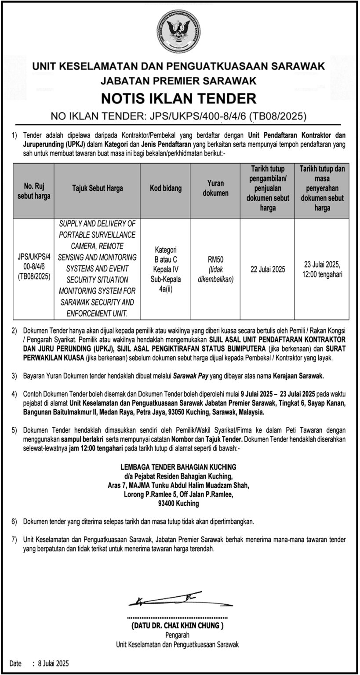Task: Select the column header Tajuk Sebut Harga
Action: (98, 189)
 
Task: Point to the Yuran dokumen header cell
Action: (215, 189)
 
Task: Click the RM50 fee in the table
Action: (215, 260)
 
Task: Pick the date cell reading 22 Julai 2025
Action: (268, 269)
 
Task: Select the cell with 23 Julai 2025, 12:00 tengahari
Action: (322, 269)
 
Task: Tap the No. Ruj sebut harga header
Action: (34, 192)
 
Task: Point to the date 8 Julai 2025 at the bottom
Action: (51, 664)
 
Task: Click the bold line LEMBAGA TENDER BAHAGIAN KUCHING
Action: (178, 467)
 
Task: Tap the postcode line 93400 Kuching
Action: (178, 504)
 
